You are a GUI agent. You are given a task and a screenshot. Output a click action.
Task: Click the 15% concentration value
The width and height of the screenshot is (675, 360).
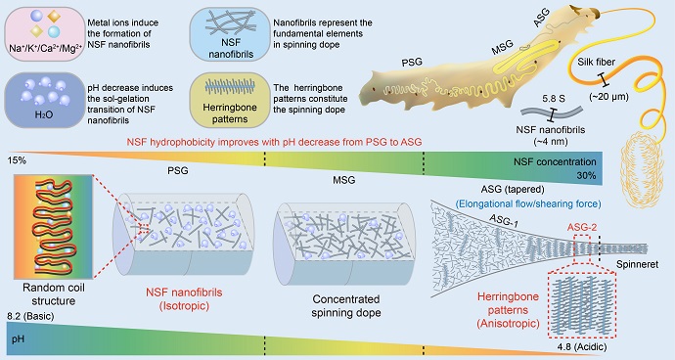coord(17,159)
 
